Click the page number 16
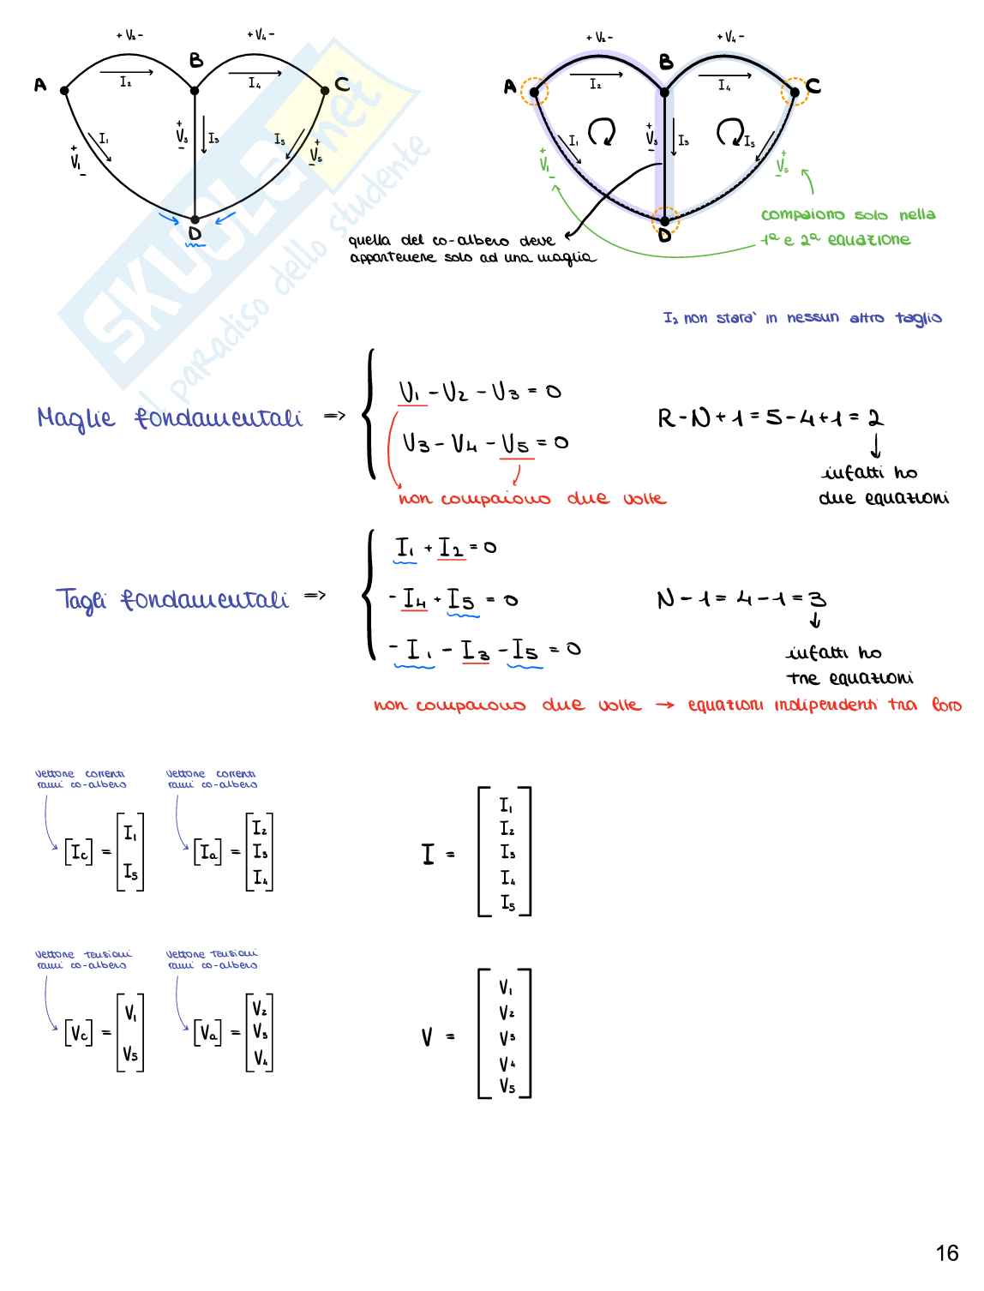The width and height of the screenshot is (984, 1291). click(x=946, y=1253)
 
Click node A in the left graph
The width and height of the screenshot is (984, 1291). click(x=64, y=89)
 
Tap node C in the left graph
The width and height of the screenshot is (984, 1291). click(x=325, y=89)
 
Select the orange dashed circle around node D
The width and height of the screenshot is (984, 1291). click(x=664, y=221)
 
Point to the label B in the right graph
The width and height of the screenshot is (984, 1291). click(x=666, y=63)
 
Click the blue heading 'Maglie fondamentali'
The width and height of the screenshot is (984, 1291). click(x=170, y=418)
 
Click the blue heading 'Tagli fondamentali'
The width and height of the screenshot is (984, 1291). click(x=171, y=598)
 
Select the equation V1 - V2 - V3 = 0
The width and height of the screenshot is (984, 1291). click(x=479, y=393)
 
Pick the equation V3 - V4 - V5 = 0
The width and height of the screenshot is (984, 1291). click(x=484, y=443)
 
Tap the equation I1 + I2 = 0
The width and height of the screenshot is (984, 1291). click(x=446, y=547)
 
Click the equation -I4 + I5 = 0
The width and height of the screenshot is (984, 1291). click(x=453, y=599)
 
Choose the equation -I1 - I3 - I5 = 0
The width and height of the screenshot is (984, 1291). click(x=485, y=650)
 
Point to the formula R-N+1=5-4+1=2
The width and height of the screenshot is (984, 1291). click(x=770, y=418)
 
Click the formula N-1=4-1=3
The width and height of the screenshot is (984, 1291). click(x=741, y=598)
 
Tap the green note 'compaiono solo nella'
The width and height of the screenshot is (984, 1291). click(x=848, y=215)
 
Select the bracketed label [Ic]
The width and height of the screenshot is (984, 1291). click(x=79, y=852)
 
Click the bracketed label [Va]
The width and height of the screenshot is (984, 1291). click(x=207, y=1033)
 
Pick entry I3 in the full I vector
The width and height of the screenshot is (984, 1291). click(x=507, y=853)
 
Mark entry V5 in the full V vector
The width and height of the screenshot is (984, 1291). click(x=507, y=1086)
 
